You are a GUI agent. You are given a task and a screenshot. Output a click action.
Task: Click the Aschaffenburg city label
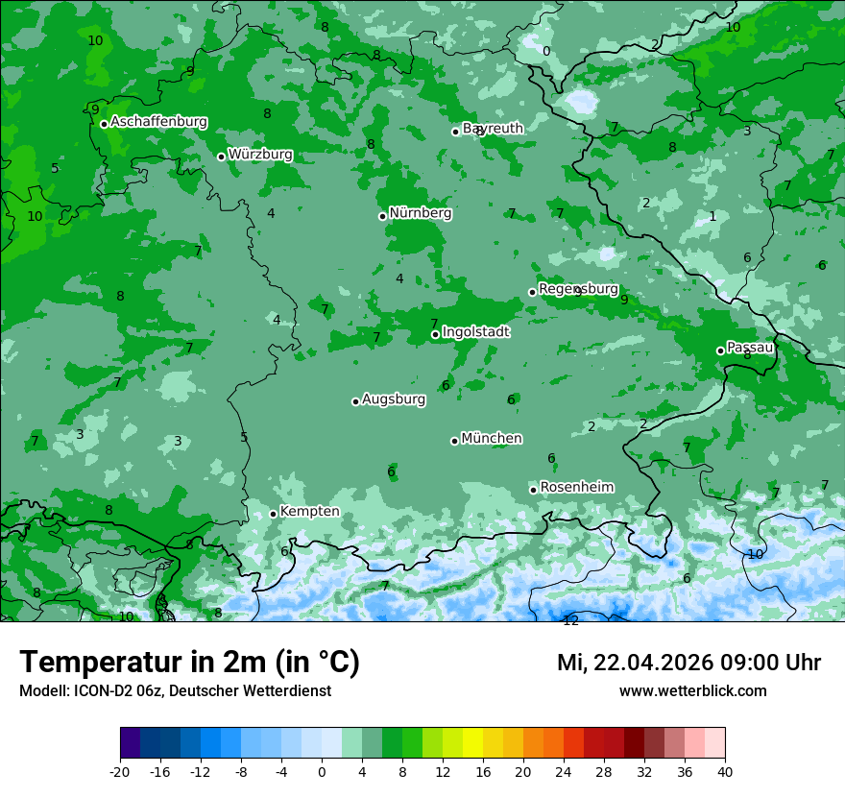158,122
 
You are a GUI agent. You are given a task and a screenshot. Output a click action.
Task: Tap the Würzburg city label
260,155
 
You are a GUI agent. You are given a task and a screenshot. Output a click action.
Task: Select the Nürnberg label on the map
420,213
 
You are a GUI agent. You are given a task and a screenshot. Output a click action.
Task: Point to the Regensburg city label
578,289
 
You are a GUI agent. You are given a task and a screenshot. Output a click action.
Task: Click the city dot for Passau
720,350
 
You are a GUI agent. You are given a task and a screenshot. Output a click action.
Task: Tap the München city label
492,439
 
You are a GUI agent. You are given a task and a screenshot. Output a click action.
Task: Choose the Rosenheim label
576,488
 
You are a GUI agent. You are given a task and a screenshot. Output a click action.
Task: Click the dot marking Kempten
273,514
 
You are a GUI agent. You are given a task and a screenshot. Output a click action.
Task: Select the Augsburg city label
394,399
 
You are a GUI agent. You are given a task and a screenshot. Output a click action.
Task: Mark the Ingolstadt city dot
435,334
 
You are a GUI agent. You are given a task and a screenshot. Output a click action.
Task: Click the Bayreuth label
494,129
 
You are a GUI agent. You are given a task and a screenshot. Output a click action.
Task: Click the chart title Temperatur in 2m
189,663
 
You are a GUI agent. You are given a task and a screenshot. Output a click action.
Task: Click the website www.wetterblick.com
692,691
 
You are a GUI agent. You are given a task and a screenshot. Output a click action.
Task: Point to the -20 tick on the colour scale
120,772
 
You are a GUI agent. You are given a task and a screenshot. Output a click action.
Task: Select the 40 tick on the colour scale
725,772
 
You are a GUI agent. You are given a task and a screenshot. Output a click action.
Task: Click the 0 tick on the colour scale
322,772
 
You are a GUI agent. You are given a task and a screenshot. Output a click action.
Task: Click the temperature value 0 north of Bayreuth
546,52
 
